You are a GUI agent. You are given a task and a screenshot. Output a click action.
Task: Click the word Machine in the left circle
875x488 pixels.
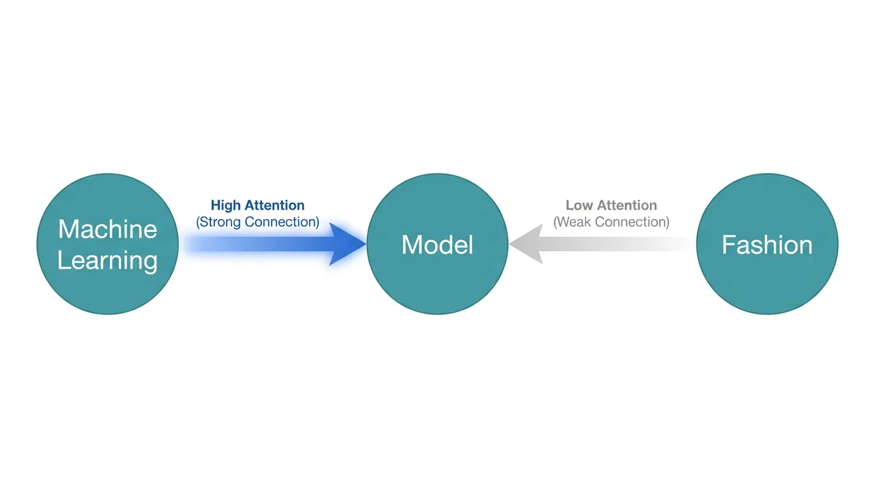pyautogui.click(x=107, y=229)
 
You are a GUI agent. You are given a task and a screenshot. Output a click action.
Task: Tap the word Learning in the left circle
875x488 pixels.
pyautogui.click(x=107, y=261)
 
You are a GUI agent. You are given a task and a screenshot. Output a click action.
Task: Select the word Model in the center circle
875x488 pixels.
pyautogui.click(x=437, y=245)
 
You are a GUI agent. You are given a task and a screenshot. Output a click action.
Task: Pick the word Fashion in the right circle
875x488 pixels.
pyautogui.click(x=767, y=245)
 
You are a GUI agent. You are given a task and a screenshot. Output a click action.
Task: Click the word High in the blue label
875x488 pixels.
pyautogui.click(x=224, y=205)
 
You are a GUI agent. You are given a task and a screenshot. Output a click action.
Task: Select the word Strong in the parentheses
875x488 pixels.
pyautogui.click(x=220, y=222)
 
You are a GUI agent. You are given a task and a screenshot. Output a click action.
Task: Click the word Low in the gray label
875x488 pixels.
pyautogui.click(x=577, y=205)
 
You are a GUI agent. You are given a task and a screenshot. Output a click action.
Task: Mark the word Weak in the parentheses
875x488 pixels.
pyautogui.click(x=573, y=222)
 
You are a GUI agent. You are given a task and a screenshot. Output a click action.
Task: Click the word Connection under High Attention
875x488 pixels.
pyautogui.click(x=281, y=222)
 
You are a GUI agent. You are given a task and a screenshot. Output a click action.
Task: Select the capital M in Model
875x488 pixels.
pyautogui.click(x=411, y=245)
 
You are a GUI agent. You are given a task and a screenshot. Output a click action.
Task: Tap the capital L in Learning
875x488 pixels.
pyautogui.click(x=63, y=259)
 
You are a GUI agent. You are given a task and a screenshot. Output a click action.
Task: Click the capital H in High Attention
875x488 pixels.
pyautogui.click(x=216, y=205)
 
